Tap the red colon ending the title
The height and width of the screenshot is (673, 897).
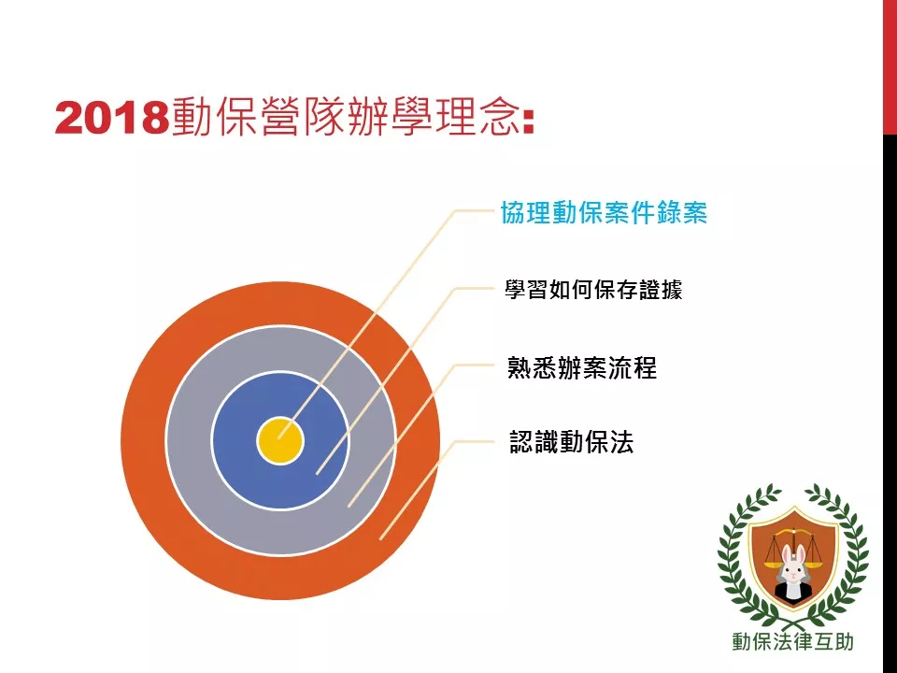[529, 121]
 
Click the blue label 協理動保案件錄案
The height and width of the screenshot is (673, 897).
[604, 212]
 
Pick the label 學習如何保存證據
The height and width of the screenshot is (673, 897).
[593, 290]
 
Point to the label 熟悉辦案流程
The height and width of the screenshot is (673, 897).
[582, 367]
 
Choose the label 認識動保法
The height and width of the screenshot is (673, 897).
[572, 442]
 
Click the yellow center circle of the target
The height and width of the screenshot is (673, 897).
[280, 440]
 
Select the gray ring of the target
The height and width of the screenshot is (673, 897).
[189, 440]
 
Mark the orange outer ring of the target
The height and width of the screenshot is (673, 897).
[143, 440]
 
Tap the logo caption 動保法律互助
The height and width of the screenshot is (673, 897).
[793, 641]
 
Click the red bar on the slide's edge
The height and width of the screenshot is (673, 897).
[890, 67]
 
